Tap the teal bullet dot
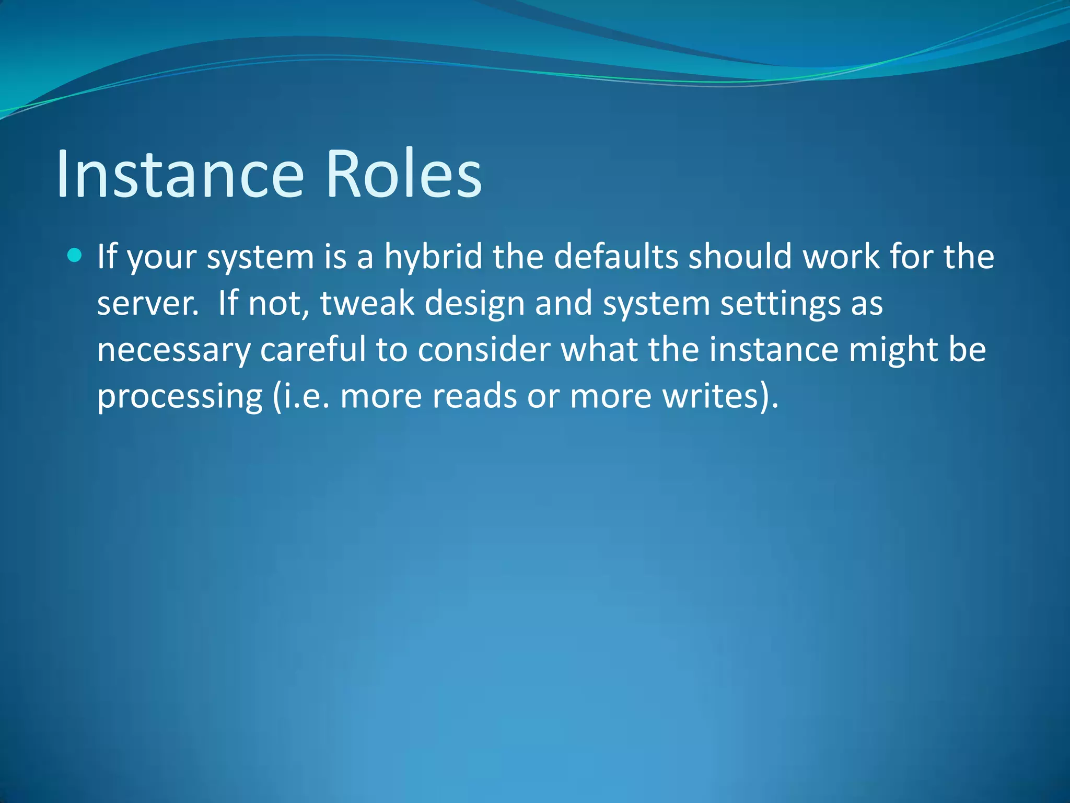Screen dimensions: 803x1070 75,256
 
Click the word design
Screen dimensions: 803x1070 474,304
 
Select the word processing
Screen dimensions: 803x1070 180,396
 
